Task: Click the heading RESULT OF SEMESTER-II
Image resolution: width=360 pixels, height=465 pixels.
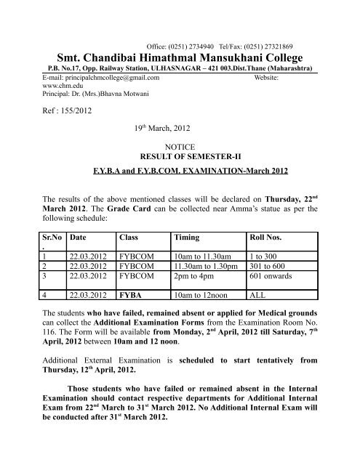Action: [x=179, y=155]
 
